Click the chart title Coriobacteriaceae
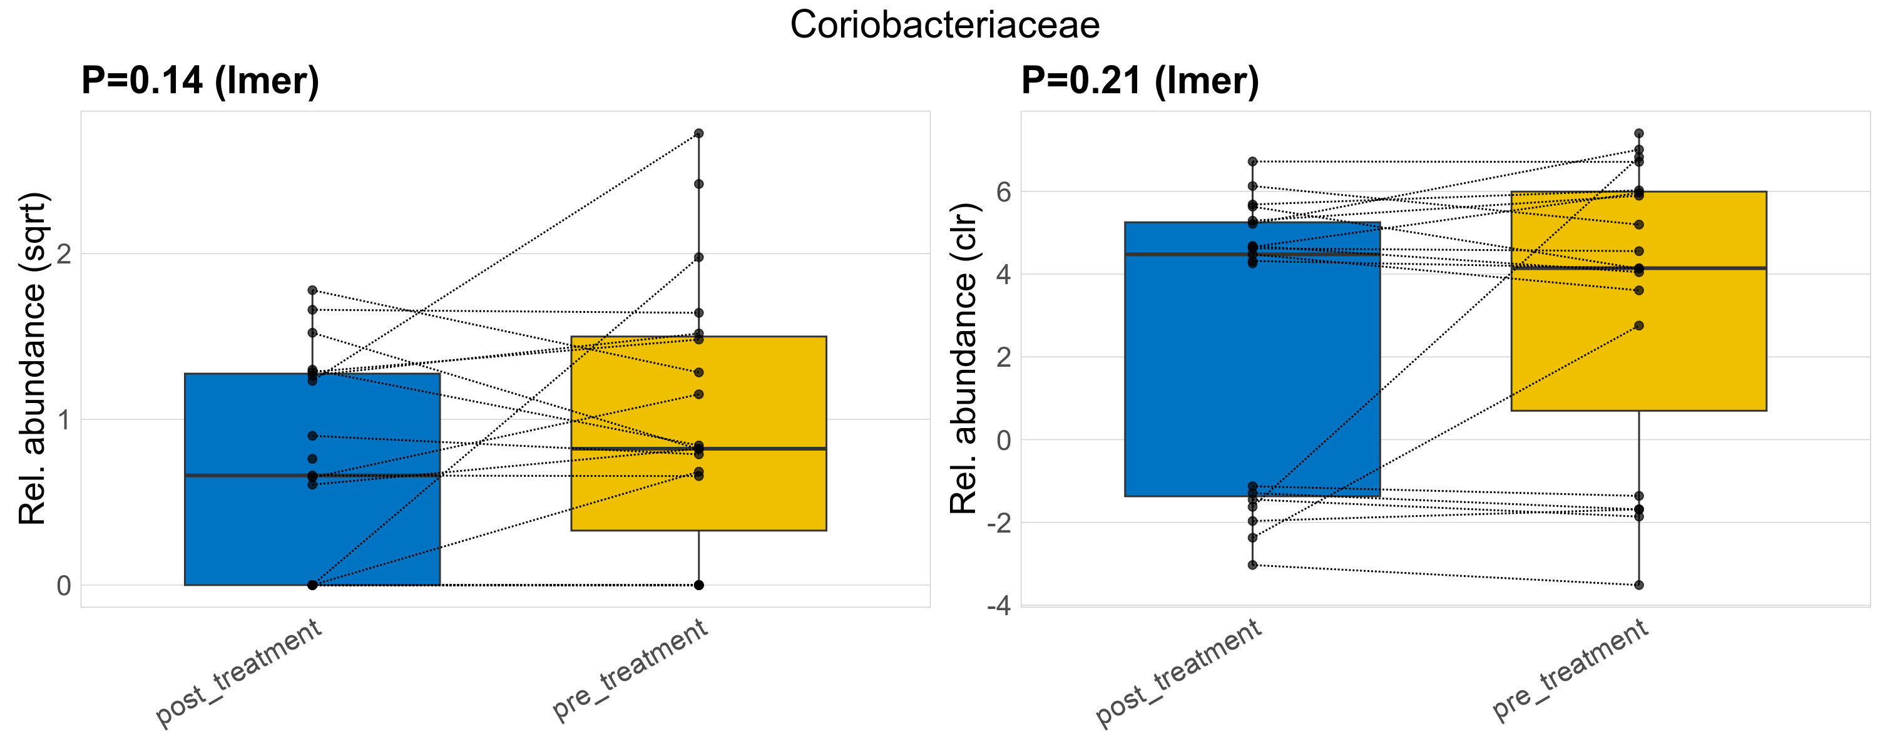point(944,25)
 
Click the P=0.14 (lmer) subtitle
point(200,81)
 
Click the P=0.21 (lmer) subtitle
point(1140,81)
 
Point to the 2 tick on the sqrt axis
point(64,253)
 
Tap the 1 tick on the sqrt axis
point(64,419)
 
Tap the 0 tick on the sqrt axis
point(64,585)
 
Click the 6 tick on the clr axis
point(1003,192)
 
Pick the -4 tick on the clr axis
point(998,606)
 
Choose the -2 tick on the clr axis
point(998,523)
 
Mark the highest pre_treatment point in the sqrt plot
point(698,133)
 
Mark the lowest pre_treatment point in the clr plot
point(1638,585)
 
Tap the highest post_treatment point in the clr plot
point(1252,161)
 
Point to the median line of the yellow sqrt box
point(763,448)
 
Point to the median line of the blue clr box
point(1320,255)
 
